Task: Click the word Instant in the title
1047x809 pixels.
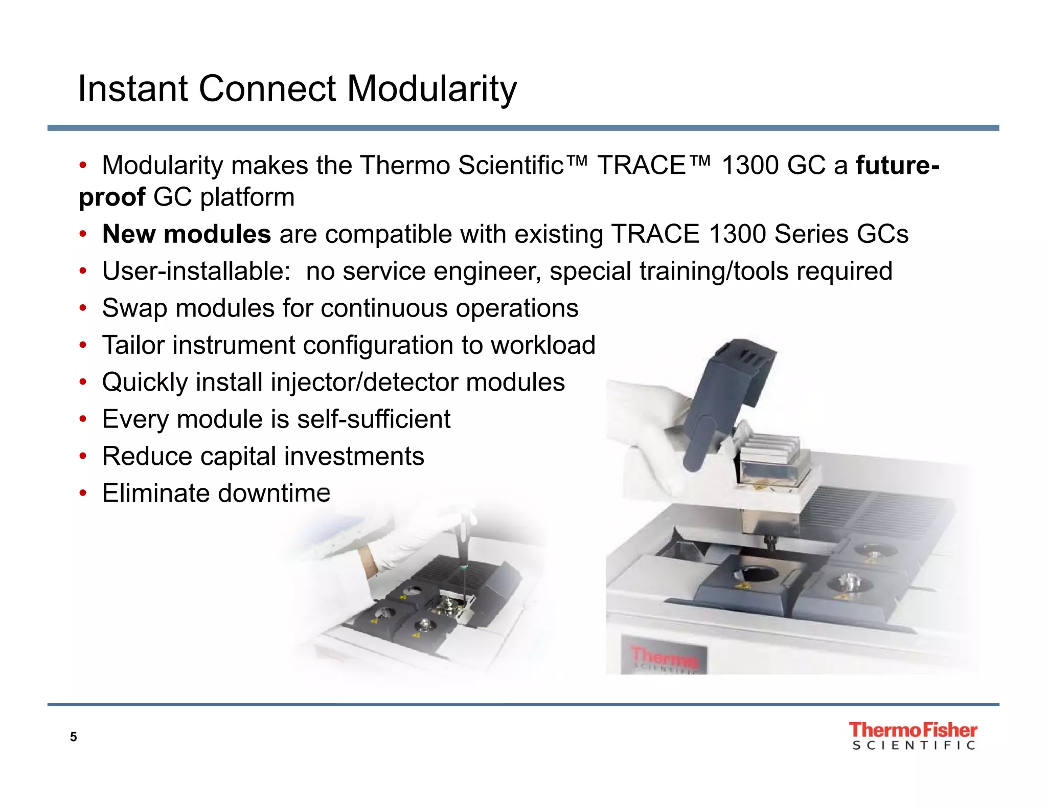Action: click(132, 89)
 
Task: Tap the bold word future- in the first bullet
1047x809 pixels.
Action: click(897, 165)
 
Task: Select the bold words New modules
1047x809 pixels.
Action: click(186, 234)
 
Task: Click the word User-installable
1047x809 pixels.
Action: click(196, 271)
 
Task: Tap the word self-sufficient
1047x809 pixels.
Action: click(373, 419)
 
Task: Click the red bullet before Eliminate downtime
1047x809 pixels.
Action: click(83, 493)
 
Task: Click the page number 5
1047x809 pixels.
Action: click(74, 737)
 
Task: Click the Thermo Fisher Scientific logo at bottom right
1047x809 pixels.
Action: click(913, 735)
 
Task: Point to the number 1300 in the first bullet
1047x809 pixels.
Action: click(749, 165)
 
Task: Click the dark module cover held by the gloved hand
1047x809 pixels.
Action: click(726, 394)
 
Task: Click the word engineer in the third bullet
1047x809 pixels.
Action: click(487, 271)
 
